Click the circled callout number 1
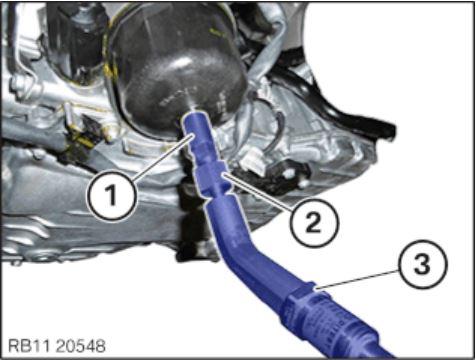coord(112,195)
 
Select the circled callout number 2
coord(313,222)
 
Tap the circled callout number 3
coord(423,264)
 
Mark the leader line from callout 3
coord(358,279)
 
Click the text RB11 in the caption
coord(29,346)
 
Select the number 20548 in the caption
coord(81,346)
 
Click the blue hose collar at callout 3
coord(302,302)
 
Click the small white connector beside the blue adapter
coord(255,163)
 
